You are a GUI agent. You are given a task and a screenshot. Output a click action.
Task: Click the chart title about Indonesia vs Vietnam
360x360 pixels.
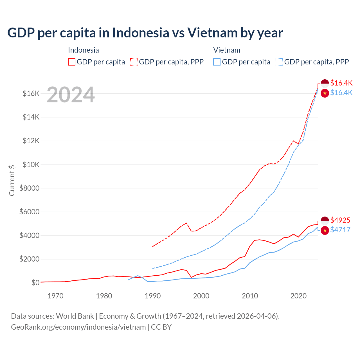(145, 33)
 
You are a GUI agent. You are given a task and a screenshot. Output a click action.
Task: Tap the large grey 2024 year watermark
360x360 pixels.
(71, 95)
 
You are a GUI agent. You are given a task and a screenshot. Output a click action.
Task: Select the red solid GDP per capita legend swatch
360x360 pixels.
(72, 62)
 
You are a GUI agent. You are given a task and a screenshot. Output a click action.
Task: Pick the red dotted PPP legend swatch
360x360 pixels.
(134, 62)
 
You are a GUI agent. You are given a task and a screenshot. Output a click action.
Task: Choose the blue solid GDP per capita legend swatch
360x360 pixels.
(217, 62)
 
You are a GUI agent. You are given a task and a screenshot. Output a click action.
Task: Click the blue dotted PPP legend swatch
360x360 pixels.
(279, 62)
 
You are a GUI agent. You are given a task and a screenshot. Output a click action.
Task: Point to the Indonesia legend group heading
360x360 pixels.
(84, 50)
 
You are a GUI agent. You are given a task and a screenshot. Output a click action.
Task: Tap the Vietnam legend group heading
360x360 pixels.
(227, 50)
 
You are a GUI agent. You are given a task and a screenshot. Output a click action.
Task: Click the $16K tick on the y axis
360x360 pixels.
(31, 93)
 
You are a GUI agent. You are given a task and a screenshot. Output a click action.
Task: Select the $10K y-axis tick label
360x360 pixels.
(31, 165)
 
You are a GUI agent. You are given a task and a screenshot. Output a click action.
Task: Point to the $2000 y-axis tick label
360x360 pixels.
(29, 259)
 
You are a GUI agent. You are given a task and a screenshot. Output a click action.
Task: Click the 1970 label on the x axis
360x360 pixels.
(55, 296)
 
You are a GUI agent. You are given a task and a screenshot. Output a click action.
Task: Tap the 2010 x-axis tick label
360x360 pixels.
(250, 296)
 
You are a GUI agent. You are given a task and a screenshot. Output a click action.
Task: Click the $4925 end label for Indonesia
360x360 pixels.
(340, 220)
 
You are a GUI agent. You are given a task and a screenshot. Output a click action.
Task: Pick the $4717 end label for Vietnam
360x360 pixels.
(340, 230)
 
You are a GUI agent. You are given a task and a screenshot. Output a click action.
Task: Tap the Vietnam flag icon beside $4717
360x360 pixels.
(325, 230)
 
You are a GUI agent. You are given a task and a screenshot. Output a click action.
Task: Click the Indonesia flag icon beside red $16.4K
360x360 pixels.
(325, 83)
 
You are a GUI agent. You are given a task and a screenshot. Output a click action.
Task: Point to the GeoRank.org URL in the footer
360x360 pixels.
(78, 327)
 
